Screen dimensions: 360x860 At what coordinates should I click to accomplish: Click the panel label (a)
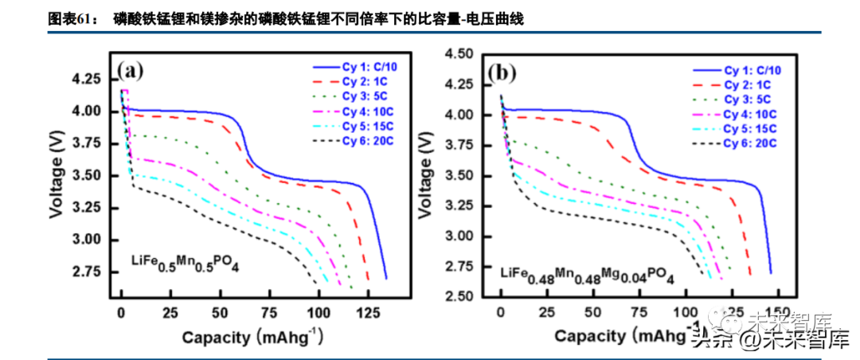point(130,72)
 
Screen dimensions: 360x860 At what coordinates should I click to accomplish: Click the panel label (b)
point(503,73)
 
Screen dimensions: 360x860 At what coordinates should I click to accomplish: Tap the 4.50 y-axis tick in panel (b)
point(460,54)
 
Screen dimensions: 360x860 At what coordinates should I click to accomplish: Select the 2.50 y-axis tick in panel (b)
point(460,296)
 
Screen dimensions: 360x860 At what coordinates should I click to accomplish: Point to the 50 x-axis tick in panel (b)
point(592,311)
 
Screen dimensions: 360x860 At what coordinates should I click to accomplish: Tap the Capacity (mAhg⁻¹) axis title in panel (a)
point(252,336)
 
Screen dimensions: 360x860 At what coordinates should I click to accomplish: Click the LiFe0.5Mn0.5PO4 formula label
point(185,264)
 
